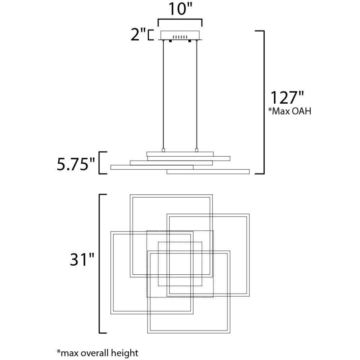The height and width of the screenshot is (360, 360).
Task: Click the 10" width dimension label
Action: tap(180, 10)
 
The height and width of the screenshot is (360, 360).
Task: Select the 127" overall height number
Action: tap(287, 98)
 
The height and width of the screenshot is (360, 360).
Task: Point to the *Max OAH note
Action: tap(290, 111)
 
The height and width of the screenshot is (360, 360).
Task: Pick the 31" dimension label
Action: tap(82, 260)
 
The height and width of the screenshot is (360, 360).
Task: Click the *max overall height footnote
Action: tap(98, 353)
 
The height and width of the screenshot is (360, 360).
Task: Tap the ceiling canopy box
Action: tap(180, 35)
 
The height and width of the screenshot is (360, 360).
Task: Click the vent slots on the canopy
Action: tap(180, 37)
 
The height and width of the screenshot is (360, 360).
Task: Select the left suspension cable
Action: tap(163, 95)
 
